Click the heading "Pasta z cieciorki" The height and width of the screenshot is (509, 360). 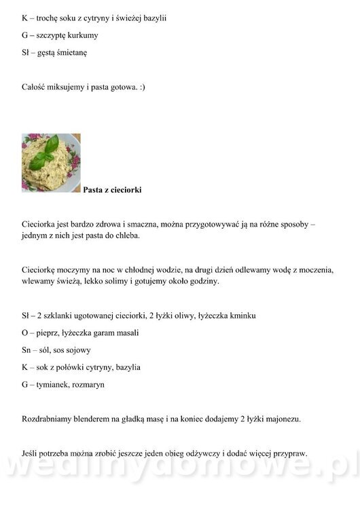click(x=112, y=190)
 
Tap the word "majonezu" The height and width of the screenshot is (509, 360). click(x=281, y=419)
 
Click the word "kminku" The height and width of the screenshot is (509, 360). click(x=242, y=316)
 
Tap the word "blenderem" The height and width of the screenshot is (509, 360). click(x=95, y=419)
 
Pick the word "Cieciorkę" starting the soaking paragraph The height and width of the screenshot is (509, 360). click(x=41, y=269)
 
